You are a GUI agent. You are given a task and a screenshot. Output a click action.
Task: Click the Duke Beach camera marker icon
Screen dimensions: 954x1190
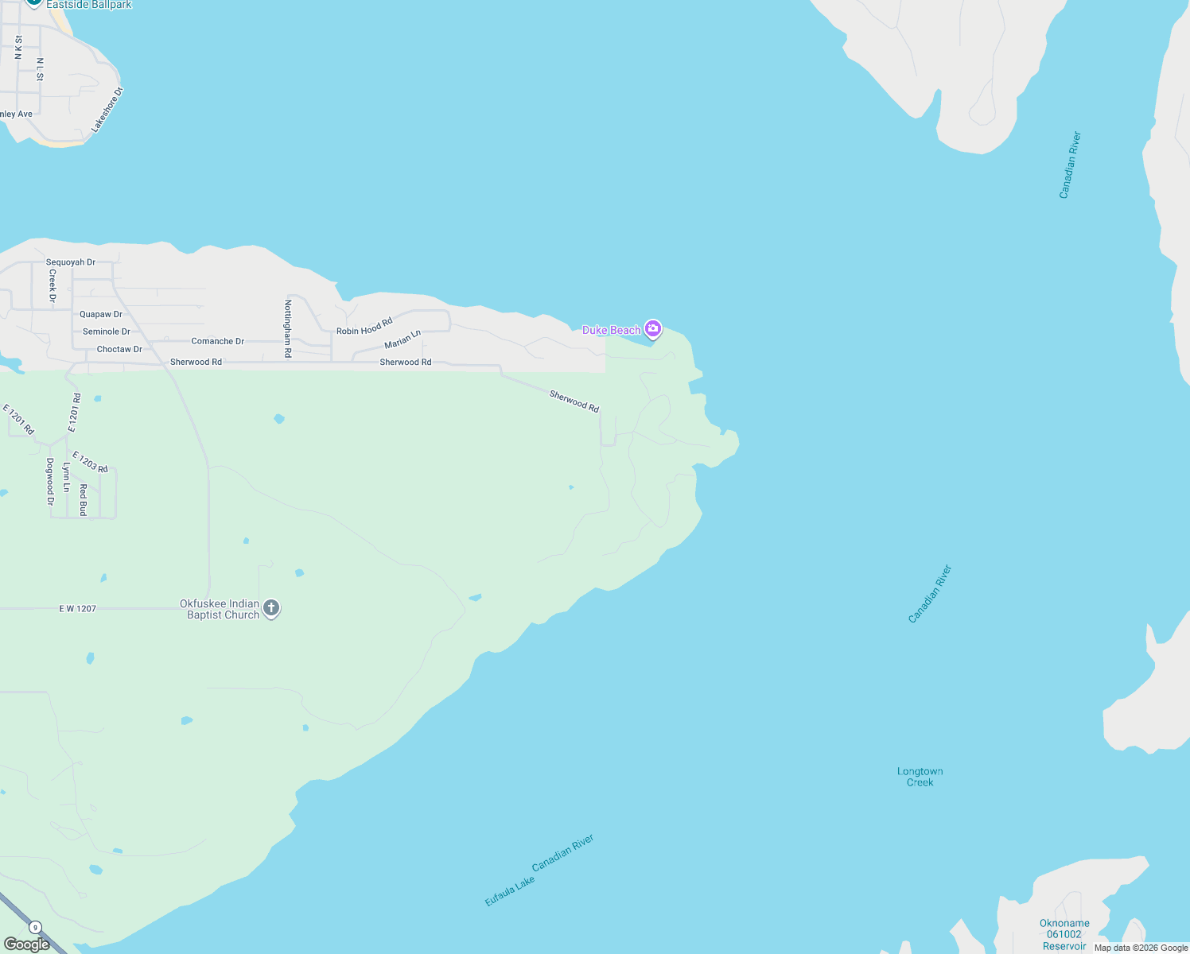[x=653, y=328]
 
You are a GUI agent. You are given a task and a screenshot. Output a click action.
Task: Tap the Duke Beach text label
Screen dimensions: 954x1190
[x=611, y=330]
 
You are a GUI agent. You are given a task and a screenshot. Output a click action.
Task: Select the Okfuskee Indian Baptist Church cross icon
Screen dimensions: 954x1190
[x=271, y=609]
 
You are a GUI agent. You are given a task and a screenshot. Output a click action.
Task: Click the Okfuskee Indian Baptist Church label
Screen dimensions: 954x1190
[x=220, y=609]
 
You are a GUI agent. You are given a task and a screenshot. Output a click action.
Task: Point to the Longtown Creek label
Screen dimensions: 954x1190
[x=920, y=777]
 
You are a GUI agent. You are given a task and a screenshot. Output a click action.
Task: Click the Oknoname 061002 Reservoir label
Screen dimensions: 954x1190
[x=1064, y=934]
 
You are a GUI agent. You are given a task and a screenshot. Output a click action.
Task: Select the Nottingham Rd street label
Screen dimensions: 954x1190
[x=288, y=328]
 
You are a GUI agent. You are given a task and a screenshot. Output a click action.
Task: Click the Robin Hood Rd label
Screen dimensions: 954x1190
[x=364, y=327]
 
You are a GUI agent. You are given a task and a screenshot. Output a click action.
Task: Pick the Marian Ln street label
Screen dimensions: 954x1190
[x=402, y=339]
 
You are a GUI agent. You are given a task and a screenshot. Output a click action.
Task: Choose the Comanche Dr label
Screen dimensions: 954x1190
[x=218, y=341]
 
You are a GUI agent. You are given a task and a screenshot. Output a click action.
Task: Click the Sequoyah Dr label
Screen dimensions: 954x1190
[x=71, y=262]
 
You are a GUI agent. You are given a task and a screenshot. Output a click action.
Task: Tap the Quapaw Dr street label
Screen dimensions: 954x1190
[x=101, y=315]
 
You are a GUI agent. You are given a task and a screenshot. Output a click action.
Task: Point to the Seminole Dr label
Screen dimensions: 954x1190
[x=107, y=332]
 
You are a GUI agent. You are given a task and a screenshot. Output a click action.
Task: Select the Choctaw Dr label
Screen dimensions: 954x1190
[x=119, y=349]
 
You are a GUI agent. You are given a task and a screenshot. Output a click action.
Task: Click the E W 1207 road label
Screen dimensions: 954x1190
[x=77, y=609]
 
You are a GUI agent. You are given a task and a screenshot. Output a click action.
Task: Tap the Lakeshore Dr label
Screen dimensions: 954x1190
[x=107, y=110]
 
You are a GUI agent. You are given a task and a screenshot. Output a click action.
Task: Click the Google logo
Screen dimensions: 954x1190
[x=27, y=944]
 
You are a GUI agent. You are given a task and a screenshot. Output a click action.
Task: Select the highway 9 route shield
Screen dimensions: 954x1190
[x=35, y=928]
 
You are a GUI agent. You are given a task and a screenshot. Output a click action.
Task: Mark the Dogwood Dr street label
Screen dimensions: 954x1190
[x=50, y=482]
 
